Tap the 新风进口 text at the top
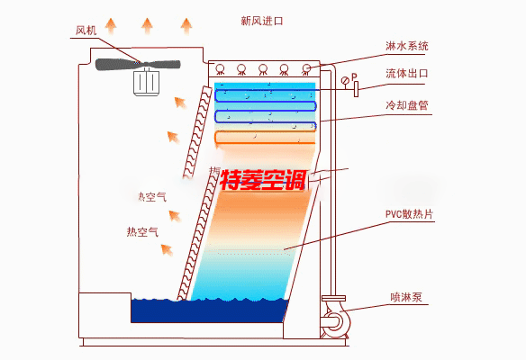coord(262,20)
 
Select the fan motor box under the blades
coord(144,82)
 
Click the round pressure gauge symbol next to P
coord(345,82)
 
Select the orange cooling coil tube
coord(266,137)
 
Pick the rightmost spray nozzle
coord(307,68)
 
